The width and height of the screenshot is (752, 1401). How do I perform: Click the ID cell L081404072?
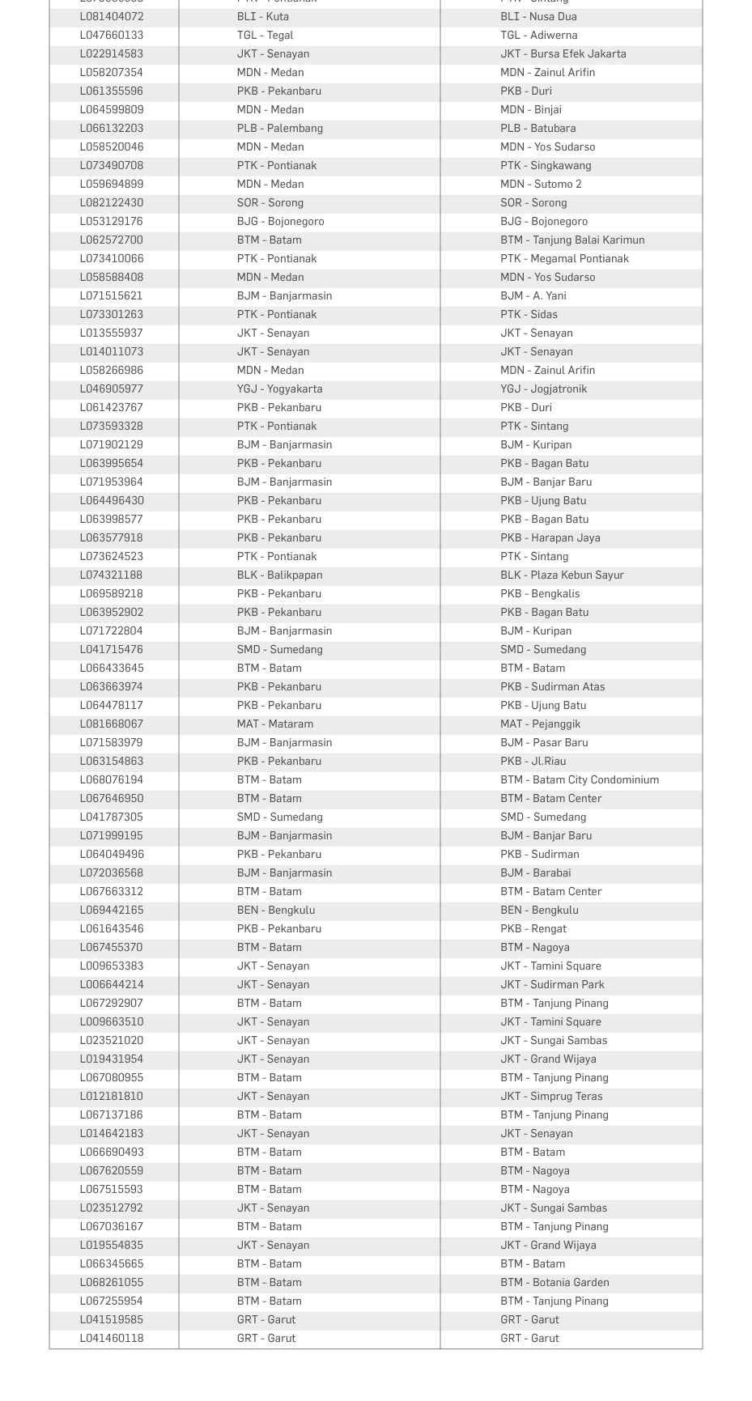pos(112,17)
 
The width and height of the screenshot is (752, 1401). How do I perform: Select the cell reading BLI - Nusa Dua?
pos(538,17)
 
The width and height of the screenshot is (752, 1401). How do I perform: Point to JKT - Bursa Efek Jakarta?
pos(563,54)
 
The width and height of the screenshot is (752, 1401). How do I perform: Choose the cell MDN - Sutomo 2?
pos(541,185)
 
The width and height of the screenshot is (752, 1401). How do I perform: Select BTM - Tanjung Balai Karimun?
pos(572,240)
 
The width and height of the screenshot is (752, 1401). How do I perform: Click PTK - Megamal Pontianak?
pos(564,259)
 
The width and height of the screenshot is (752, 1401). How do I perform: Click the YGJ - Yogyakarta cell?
pos(279,389)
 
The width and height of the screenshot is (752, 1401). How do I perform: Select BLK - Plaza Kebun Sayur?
pos(562,575)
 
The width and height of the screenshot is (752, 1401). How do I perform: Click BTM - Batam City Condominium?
pos(579,780)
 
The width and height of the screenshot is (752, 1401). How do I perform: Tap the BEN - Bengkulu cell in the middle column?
pos(275,911)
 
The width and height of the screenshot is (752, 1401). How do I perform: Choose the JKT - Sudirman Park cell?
pos(552,985)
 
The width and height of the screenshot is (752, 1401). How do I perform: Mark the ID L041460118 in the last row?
pos(112,1339)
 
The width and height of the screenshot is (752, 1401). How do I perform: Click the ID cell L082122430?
pos(112,203)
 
